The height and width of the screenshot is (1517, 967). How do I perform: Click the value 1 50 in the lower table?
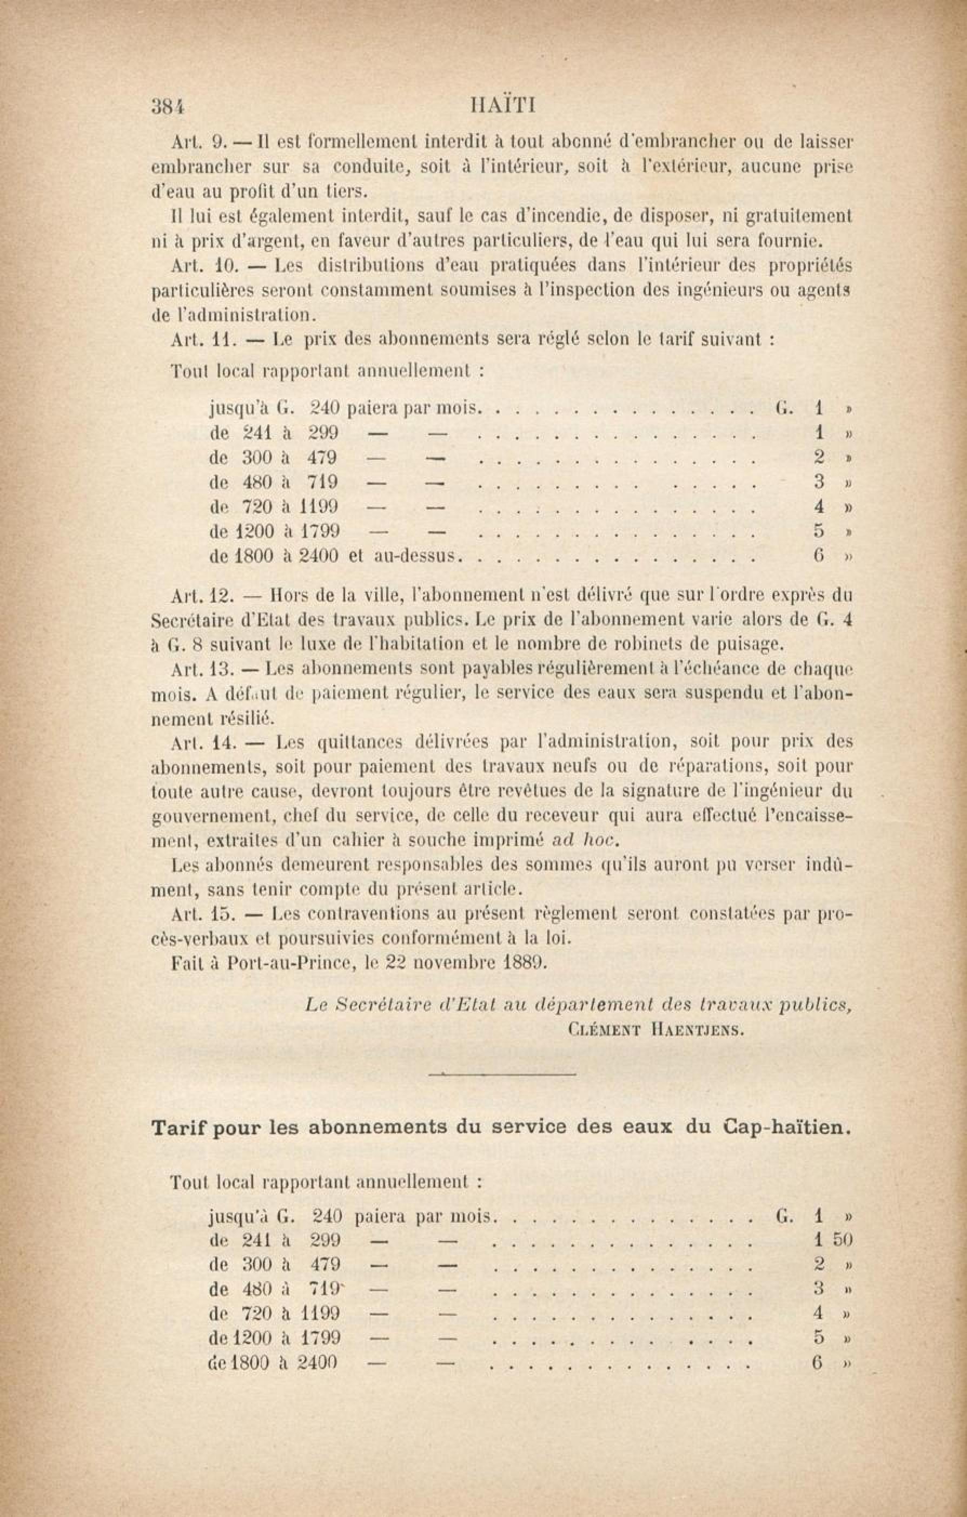pyautogui.click(x=833, y=1241)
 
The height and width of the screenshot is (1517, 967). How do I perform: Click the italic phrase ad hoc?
pyautogui.click(x=586, y=840)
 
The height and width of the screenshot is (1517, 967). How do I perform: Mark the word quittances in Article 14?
pyautogui.click(x=360, y=742)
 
